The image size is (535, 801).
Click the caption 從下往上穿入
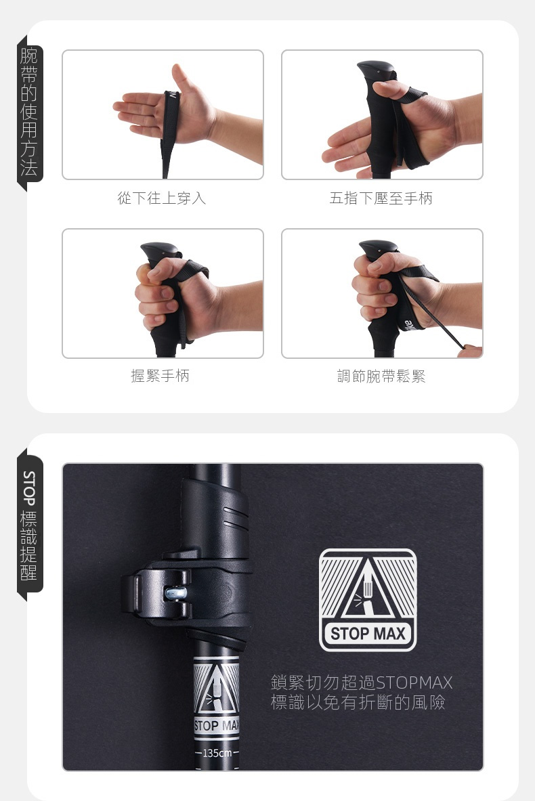click(161, 198)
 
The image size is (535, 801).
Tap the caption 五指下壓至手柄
click(381, 198)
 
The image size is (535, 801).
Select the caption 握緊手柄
click(160, 376)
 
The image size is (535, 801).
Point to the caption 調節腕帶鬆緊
click(381, 376)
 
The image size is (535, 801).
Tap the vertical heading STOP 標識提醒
click(29, 525)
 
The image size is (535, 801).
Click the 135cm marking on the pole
click(217, 753)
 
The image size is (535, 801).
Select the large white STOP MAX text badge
click(368, 634)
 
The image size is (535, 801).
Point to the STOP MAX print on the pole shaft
click(217, 726)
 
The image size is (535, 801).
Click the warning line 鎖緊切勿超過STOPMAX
click(362, 682)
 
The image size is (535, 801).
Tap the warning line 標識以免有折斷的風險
click(358, 702)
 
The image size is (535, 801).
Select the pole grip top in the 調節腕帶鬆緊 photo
click(378, 248)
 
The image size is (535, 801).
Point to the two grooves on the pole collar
click(235, 517)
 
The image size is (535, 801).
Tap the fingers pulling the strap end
click(471, 351)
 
